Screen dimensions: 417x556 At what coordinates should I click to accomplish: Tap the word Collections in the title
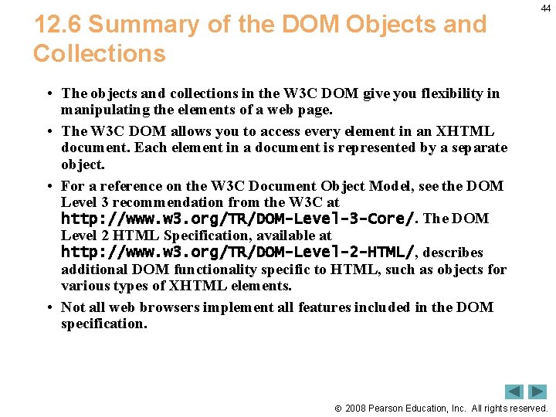point(99,54)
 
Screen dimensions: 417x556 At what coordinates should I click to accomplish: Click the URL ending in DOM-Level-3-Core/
point(238,219)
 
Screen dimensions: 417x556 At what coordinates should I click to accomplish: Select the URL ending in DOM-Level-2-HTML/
point(238,253)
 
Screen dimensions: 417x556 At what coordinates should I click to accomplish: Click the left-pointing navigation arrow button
point(514,392)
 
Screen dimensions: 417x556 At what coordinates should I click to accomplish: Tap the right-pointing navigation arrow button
point(537,392)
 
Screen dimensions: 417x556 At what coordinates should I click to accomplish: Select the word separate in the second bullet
point(480,147)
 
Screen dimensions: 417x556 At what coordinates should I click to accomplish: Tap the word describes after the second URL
point(453,253)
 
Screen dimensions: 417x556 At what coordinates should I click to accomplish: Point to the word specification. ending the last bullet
point(103,324)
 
